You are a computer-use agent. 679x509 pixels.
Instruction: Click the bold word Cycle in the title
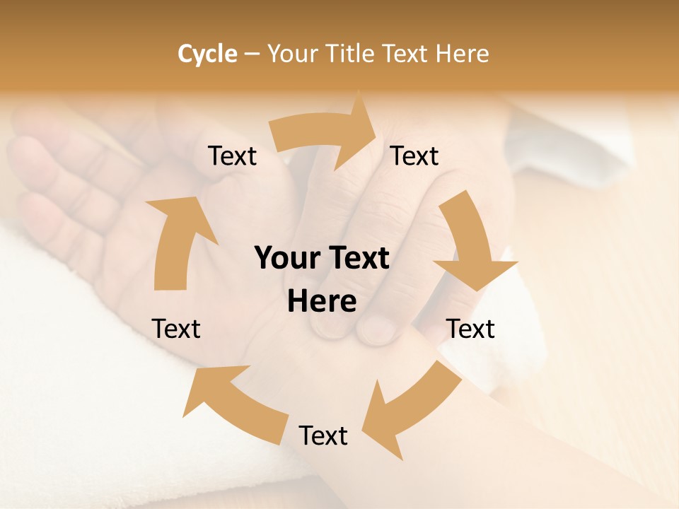coord(207,54)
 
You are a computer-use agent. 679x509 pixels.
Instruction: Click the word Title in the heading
coord(350,54)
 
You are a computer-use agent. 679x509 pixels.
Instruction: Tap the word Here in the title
coord(463,54)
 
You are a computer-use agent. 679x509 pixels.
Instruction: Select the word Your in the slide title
coord(293,54)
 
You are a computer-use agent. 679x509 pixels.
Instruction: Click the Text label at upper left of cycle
coord(232,156)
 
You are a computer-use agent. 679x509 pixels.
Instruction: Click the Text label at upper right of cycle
coord(414,156)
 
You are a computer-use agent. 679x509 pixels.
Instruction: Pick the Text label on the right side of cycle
coord(470,329)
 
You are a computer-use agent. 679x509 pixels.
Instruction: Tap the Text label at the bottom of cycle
coord(323,435)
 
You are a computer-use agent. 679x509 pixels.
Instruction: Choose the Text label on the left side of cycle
coord(176,329)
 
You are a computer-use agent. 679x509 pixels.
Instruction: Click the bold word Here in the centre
coord(322,302)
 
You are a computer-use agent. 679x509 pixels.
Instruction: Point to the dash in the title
coord(252,54)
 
